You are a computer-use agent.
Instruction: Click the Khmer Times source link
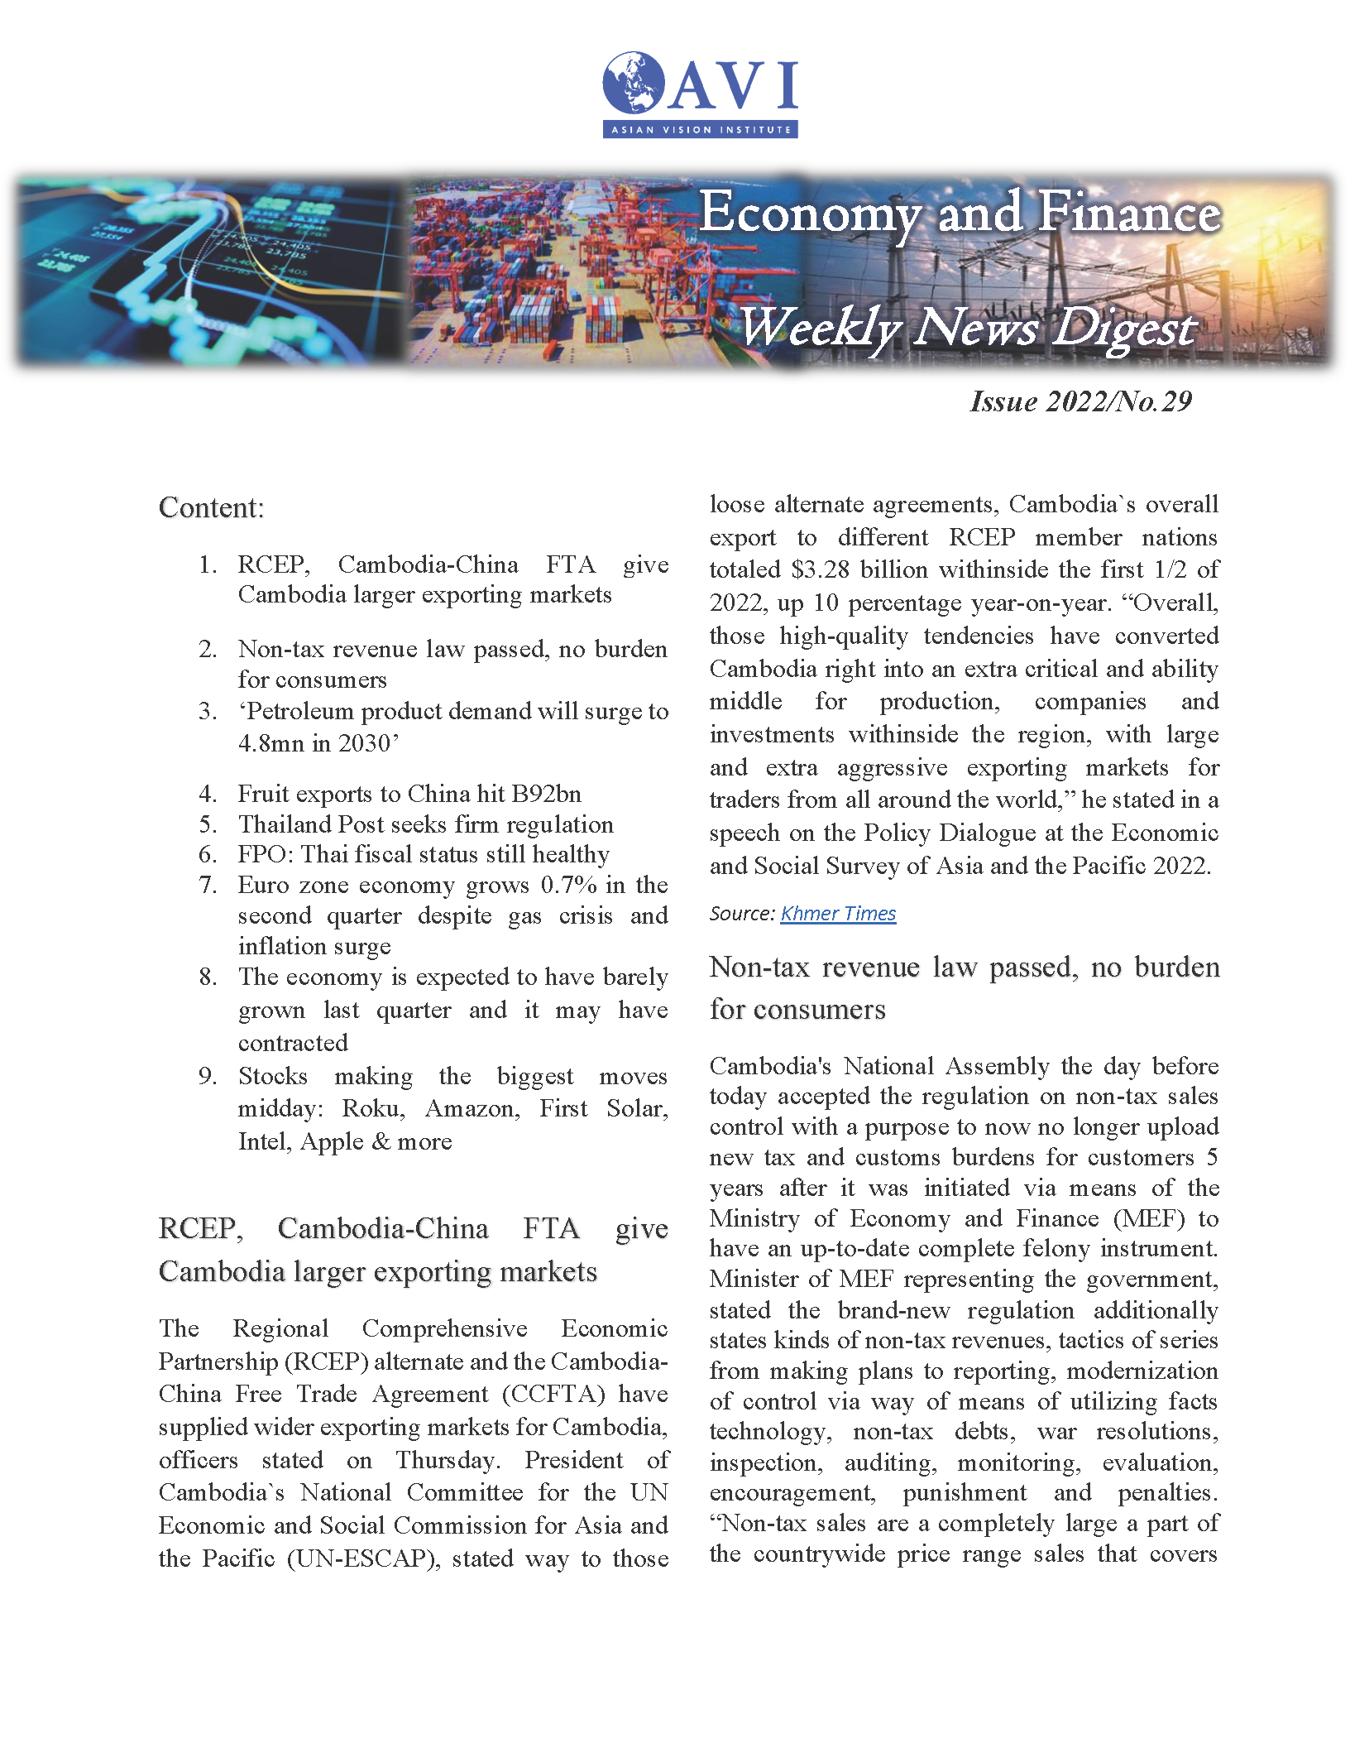(838, 913)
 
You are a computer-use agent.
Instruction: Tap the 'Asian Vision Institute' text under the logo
(701, 130)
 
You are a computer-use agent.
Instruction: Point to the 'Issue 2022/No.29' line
(1080, 401)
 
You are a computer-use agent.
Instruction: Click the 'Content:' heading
(211, 507)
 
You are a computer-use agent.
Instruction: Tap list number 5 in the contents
(208, 824)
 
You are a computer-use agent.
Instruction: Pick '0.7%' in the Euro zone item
(568, 885)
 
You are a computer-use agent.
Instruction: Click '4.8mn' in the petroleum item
(271, 743)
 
